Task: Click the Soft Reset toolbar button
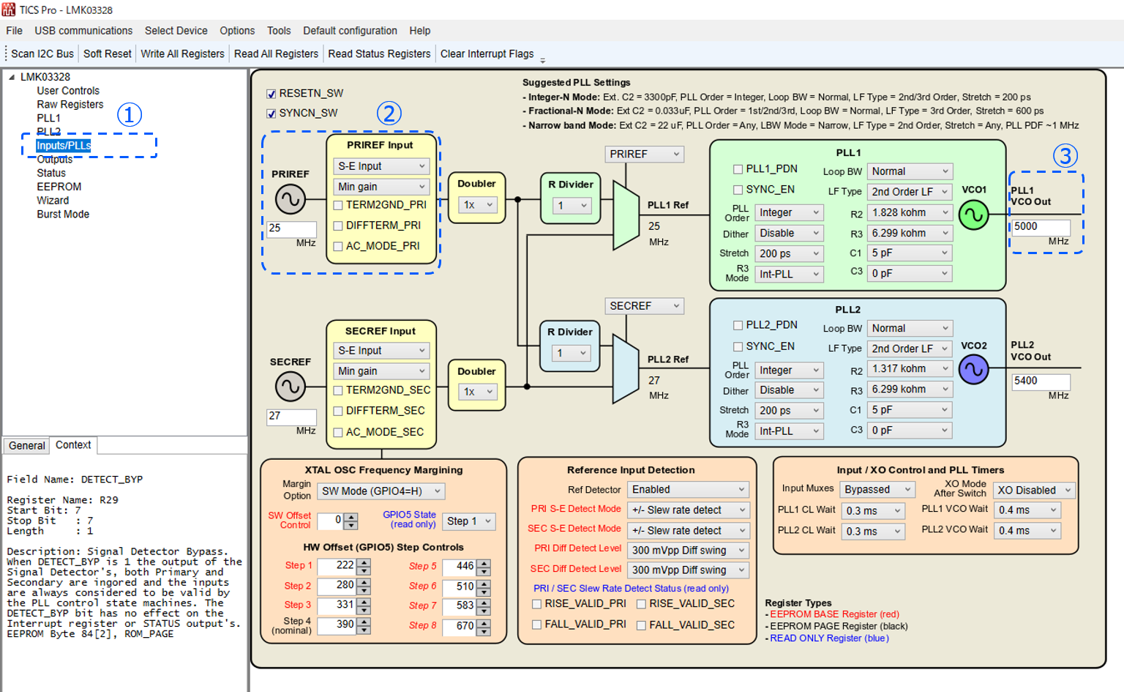click(107, 53)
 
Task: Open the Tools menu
click(279, 31)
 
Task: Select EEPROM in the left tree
click(59, 187)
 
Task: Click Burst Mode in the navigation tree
click(63, 214)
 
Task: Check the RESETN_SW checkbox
click(271, 94)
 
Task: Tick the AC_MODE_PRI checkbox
click(338, 247)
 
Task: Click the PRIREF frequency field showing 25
click(291, 228)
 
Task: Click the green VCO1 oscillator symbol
click(973, 215)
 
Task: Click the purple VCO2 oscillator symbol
click(973, 370)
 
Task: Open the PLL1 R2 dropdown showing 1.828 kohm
click(910, 212)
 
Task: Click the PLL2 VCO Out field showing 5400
click(1040, 381)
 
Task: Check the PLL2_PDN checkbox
click(738, 325)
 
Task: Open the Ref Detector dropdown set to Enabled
click(688, 489)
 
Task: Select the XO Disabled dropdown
click(1034, 490)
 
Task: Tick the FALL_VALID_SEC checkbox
click(641, 625)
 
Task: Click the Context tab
click(73, 444)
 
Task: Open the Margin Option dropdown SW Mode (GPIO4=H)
click(381, 491)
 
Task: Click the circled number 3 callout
click(1065, 155)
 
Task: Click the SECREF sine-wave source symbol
click(291, 386)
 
